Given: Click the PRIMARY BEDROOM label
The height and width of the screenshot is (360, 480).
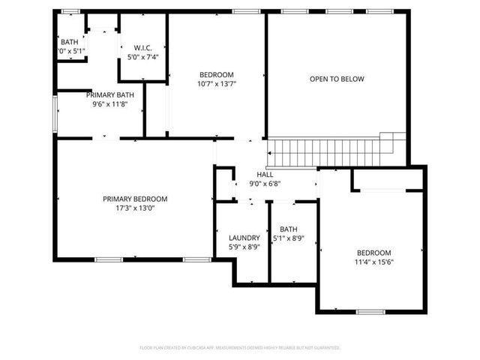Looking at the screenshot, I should click(x=135, y=199).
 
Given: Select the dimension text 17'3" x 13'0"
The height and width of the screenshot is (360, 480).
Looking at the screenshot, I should click(x=135, y=209).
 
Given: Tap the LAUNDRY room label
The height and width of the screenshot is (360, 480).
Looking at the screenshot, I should click(x=244, y=237).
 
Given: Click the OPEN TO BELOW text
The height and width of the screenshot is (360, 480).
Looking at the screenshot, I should click(x=332, y=79).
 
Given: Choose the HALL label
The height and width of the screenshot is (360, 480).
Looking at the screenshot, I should click(x=265, y=173).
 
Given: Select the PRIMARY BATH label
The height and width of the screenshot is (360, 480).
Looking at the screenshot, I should click(x=109, y=94).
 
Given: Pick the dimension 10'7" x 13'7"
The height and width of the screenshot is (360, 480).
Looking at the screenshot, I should click(x=217, y=85).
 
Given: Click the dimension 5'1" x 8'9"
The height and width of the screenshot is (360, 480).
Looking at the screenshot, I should click(x=288, y=238).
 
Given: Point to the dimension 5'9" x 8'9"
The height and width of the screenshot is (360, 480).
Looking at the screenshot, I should click(x=244, y=247).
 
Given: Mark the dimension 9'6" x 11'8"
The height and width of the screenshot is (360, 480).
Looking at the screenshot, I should click(x=109, y=104).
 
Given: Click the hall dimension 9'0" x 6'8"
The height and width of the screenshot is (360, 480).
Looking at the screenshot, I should click(x=265, y=183).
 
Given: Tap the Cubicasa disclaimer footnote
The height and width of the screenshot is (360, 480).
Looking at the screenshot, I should click(x=240, y=348).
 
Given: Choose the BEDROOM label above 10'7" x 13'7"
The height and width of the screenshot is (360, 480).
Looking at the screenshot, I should click(x=217, y=74).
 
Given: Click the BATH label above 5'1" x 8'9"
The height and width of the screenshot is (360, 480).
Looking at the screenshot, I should click(x=288, y=229).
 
